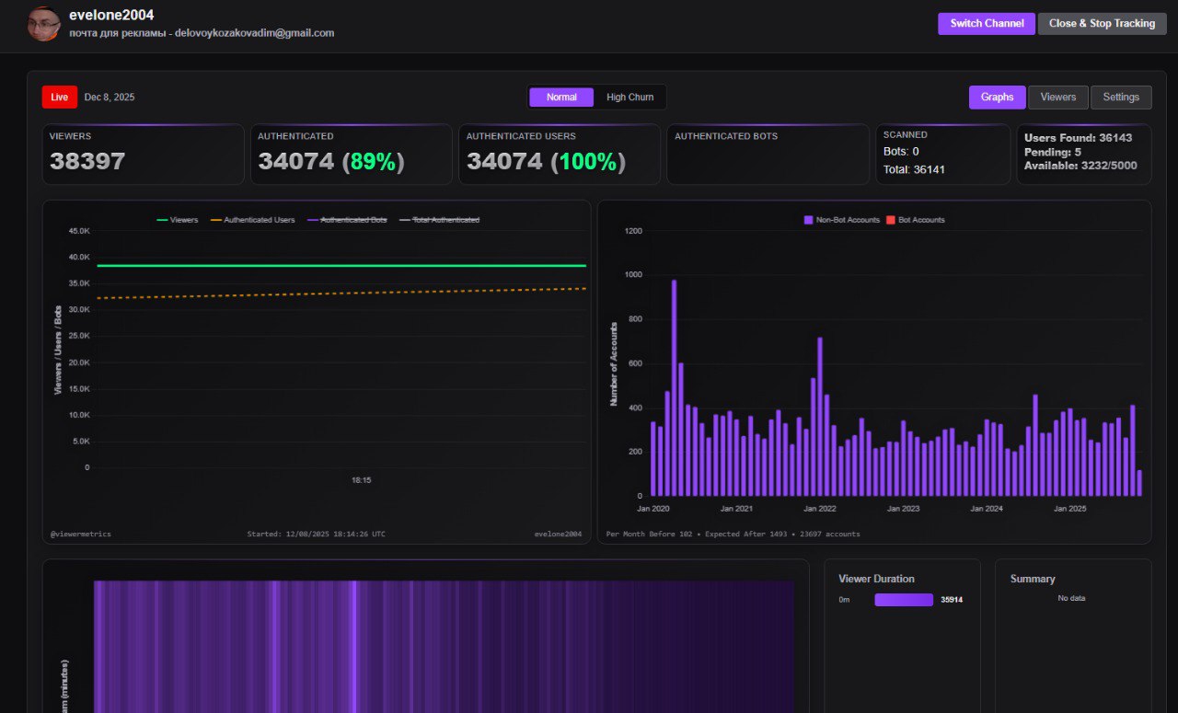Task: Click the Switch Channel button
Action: coord(986,23)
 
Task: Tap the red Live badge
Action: coord(59,97)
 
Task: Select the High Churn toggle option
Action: coord(629,97)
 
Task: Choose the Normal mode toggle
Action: coord(561,97)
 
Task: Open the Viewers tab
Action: coord(1057,97)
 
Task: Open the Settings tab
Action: coord(1120,97)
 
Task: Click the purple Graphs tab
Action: coord(997,97)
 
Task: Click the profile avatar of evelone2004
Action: coord(43,24)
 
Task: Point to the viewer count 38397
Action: coord(87,162)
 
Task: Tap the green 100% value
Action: coord(588,162)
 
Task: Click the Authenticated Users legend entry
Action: coord(253,220)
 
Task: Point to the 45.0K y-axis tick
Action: coord(79,230)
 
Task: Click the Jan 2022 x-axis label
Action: coord(820,508)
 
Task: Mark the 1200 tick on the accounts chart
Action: coord(633,230)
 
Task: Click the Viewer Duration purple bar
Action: coord(903,600)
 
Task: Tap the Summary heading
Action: coord(1033,579)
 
